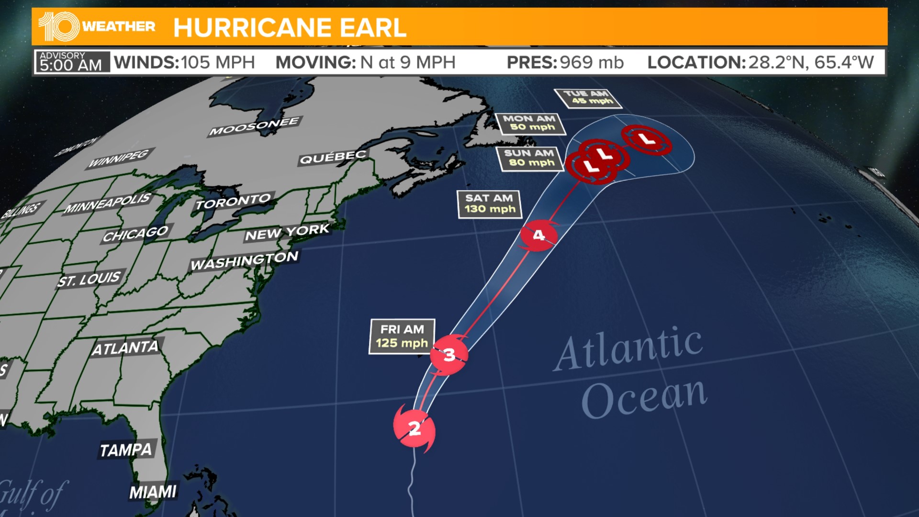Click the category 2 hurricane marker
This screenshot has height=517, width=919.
[415, 427]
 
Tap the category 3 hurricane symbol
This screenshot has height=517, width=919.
[449, 355]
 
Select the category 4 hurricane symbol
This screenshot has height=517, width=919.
[539, 235]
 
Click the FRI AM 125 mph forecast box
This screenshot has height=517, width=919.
[402, 337]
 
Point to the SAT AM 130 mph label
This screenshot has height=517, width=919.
[490, 204]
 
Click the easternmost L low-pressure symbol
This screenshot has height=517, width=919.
[647, 140]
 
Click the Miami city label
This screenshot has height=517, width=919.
[153, 492]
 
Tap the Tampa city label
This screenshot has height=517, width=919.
[126, 450]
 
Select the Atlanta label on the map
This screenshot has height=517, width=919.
[125, 348]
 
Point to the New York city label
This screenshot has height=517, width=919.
[287, 232]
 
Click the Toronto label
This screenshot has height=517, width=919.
[234, 202]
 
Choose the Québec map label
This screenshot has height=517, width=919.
[333, 157]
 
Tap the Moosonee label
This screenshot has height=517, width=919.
[254, 126]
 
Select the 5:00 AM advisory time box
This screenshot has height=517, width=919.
[72, 62]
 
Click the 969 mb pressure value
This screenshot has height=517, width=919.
[592, 62]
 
